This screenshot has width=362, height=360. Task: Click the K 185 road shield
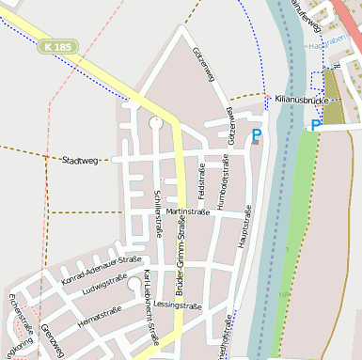(59, 45)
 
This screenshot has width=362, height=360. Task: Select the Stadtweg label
(80, 160)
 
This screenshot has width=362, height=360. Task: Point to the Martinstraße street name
(186, 211)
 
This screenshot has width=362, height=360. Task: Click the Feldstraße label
(201, 179)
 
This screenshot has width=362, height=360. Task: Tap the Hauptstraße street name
(246, 226)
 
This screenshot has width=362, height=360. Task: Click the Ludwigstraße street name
(104, 292)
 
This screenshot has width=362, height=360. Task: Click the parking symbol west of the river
(256, 135)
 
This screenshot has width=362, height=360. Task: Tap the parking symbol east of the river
(316, 125)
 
